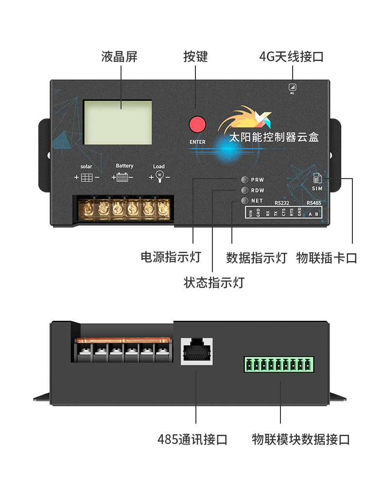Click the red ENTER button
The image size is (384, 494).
[x=197, y=124]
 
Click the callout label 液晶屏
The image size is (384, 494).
[x=120, y=57]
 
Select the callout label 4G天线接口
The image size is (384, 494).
[x=291, y=57]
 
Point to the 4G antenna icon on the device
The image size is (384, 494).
[x=292, y=87]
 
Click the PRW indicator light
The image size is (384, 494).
[x=244, y=180]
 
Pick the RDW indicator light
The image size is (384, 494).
[x=244, y=190]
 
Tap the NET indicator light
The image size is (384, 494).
[x=244, y=200]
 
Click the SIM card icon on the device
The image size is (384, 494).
[x=317, y=179]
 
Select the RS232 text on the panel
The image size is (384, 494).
[x=281, y=203]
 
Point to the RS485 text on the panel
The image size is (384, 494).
[x=314, y=203]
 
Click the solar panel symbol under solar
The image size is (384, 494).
[x=87, y=178]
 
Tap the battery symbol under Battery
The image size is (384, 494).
[x=122, y=178]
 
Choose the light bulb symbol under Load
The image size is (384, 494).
[x=159, y=176]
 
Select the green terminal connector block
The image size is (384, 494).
[x=279, y=364]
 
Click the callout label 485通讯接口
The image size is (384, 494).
[x=192, y=440]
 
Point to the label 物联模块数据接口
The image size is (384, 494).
[x=301, y=440]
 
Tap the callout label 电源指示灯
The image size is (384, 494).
[x=171, y=257]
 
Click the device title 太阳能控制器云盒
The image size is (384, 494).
[x=274, y=137]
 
